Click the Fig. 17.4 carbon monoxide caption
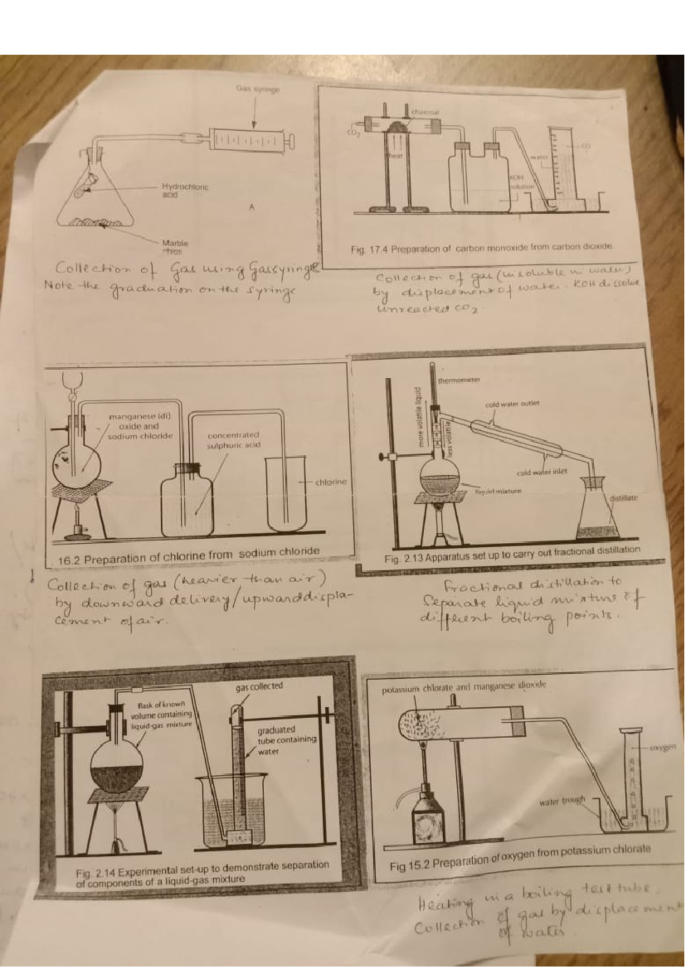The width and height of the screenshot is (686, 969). [481, 248]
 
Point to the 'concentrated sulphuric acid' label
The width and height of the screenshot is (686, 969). [233, 439]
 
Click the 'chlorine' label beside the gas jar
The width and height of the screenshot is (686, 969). [331, 482]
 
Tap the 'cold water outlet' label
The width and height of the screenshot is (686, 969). [512, 403]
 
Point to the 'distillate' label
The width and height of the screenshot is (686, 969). [623, 498]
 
